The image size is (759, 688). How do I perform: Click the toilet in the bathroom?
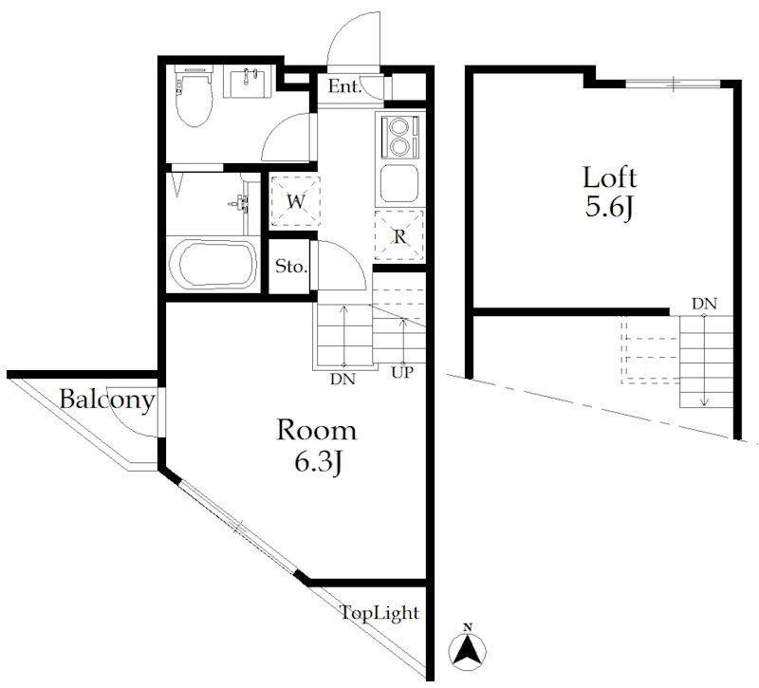pos(194,97)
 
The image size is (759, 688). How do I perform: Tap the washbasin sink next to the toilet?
pos(248,84)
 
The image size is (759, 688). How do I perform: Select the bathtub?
pos(212,264)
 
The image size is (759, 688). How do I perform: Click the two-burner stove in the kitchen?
pos(399,136)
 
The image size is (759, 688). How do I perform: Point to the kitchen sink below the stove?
pos(399,183)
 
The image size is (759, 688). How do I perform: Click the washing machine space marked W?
pos(295,201)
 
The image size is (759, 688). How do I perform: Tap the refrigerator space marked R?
pos(399,237)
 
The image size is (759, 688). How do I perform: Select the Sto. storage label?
pos(291,267)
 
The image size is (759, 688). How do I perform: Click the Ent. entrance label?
pos(344,87)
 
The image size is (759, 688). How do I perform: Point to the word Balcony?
pos(107,400)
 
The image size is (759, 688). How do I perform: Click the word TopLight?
pos(379,613)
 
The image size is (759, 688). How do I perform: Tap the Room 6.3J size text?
pos(317,446)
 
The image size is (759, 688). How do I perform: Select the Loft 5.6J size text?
pos(609,193)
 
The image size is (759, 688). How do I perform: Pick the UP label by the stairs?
pos(402,372)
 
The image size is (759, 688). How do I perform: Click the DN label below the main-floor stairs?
pos(342,379)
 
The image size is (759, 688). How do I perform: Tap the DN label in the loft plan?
pos(704,304)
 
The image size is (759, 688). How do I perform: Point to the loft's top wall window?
pos(673,84)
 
